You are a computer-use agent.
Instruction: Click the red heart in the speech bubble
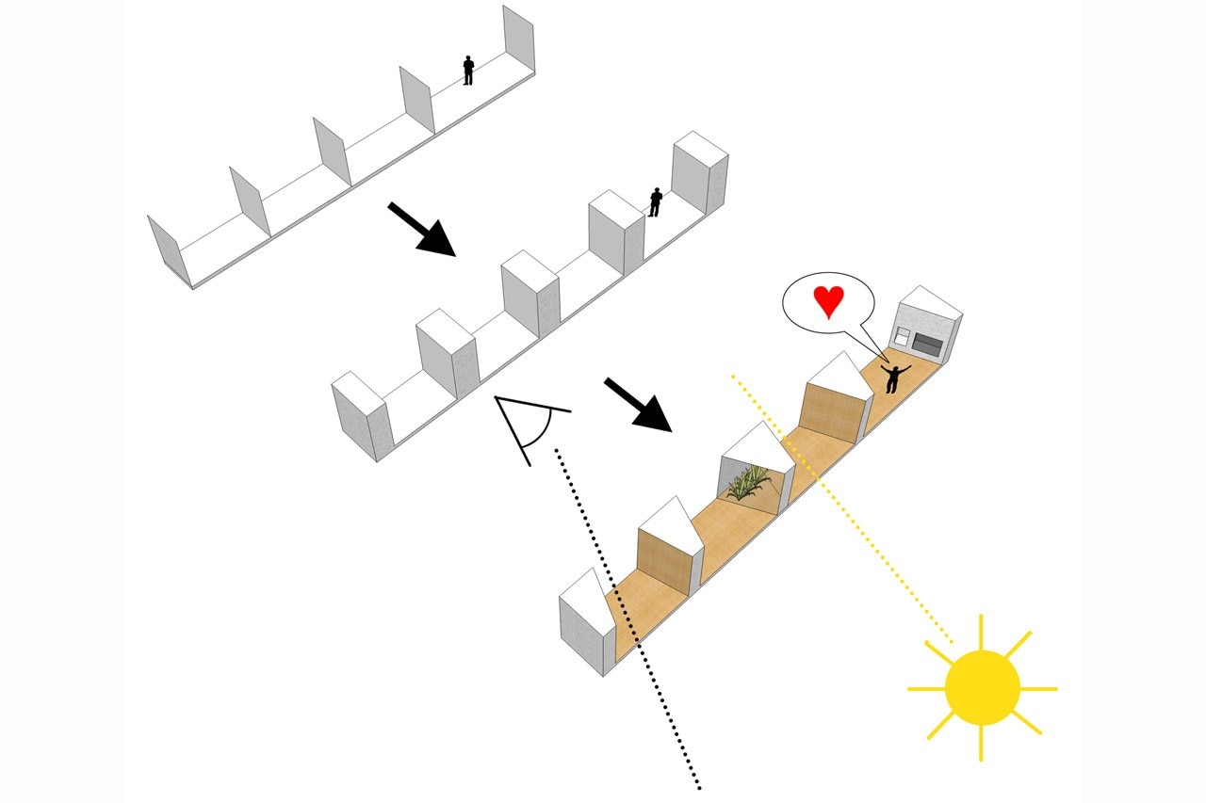(828, 302)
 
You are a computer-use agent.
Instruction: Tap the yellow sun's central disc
(982, 688)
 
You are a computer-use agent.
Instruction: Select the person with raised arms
(891, 377)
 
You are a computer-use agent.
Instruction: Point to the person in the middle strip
(655, 201)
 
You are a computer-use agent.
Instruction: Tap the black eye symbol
(528, 427)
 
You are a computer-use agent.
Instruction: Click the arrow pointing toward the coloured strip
(638, 404)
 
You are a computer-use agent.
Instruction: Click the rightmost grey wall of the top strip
(517, 37)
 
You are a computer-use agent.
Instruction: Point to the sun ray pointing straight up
(981, 631)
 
